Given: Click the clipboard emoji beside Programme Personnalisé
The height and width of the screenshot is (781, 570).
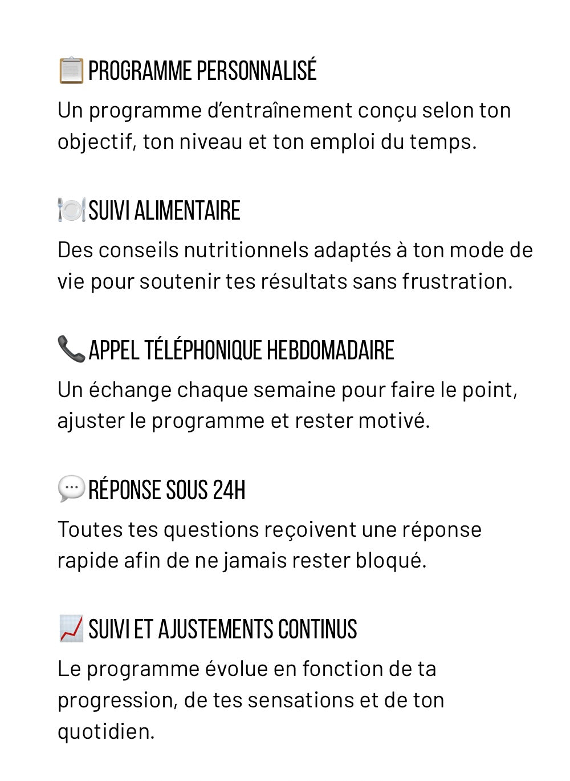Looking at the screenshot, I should click(x=71, y=71).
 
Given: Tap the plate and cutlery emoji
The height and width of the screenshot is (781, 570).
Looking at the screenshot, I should click(x=71, y=210).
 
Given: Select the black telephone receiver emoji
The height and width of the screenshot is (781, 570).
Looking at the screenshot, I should click(x=71, y=349).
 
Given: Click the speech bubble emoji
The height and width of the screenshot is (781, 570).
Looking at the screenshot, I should click(x=71, y=489).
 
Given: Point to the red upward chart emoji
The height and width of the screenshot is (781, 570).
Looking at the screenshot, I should click(x=71, y=629).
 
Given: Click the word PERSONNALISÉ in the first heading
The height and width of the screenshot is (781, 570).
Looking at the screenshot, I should click(x=256, y=71).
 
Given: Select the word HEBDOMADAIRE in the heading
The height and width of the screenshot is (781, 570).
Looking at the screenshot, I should click(x=330, y=350).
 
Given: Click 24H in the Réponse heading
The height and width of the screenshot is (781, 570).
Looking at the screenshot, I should click(x=229, y=490).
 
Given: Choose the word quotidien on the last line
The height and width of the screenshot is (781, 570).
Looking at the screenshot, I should click(x=105, y=731).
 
